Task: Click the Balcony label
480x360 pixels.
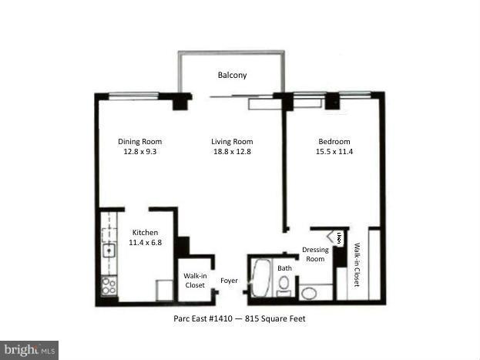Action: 232,76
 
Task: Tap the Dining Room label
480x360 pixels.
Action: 139,142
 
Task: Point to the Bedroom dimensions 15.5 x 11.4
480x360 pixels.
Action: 334,152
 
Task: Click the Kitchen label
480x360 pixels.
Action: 145,233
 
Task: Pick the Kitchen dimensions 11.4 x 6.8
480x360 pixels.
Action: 145,243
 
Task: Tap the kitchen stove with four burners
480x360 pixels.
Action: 109,285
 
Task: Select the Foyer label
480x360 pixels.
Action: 229,281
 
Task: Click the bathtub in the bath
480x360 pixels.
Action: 260,279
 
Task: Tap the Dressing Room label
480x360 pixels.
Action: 315,254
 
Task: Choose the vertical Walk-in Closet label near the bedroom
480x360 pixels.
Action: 357,264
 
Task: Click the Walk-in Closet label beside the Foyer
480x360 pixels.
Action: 195,281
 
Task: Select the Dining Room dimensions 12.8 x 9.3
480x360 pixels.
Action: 139,152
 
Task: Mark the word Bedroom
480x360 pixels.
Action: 334,142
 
